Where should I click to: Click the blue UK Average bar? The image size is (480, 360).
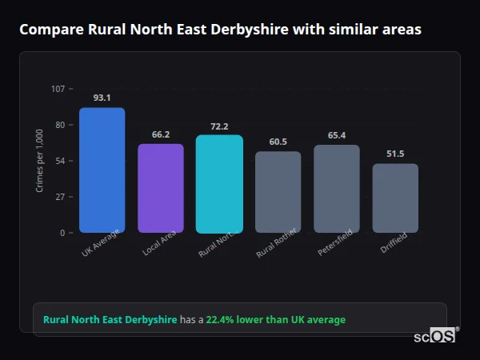[102, 170]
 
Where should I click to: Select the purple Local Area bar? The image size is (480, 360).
[161, 188]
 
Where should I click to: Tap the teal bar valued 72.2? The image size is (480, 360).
[219, 183]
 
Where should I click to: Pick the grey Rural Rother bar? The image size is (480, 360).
[278, 192]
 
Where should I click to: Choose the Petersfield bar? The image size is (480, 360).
[337, 188]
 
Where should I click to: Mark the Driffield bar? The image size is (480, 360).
[395, 198]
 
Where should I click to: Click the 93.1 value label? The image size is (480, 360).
[102, 98]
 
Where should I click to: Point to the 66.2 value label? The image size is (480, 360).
[161, 134]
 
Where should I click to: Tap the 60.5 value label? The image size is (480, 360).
[278, 142]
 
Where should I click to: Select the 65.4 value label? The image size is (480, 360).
[337, 135]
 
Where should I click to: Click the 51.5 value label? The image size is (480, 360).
[395, 154]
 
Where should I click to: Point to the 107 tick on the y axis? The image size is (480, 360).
[58, 89]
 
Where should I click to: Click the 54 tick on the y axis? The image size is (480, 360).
[60, 161]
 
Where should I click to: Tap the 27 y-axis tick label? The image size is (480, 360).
[60, 197]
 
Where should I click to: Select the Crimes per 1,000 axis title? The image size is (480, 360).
[40, 161]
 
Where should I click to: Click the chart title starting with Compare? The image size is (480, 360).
[220, 30]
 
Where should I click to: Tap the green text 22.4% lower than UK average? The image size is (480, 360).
[276, 320]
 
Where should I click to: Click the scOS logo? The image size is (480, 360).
[434, 337]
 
